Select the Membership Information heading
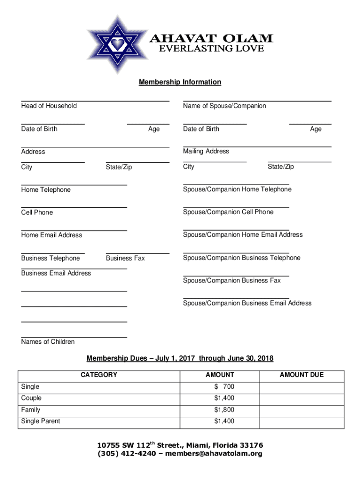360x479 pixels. point(180,82)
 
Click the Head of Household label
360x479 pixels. point(49,106)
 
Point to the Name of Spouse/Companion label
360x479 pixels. point(224,106)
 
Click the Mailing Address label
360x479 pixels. point(206,151)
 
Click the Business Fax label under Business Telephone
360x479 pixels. point(125,258)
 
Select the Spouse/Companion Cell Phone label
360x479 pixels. point(228,212)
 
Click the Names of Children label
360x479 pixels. point(48,341)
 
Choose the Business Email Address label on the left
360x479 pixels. point(56,273)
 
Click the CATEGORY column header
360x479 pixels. point(99,375)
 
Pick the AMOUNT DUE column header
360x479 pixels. point(302,375)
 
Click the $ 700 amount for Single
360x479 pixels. point(224,387)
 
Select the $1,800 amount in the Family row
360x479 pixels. point(224,410)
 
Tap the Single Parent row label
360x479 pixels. point(41,421)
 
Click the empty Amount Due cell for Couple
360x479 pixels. point(302,398)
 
